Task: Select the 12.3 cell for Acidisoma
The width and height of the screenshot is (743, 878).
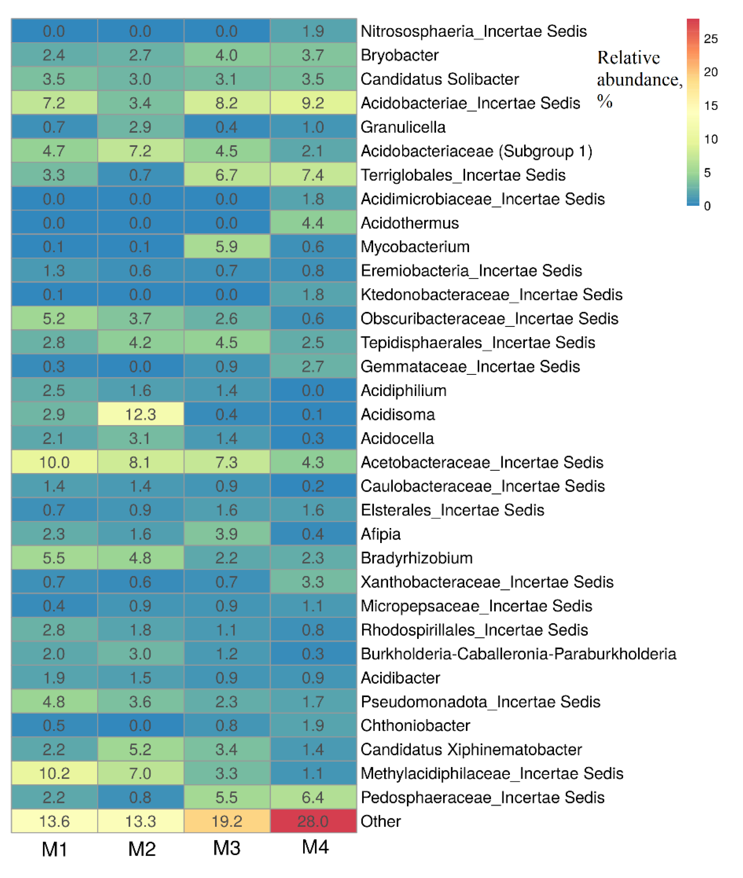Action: pos(140,414)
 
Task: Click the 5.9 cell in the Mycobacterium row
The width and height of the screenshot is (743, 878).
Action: pos(227,247)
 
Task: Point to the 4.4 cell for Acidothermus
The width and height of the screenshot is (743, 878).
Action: pos(313,223)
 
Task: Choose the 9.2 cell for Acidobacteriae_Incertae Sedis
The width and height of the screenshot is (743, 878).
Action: pos(313,103)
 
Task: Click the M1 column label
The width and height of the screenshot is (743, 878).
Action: pos(54,849)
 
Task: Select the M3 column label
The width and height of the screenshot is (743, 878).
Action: pos(227,848)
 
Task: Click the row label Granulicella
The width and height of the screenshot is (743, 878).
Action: pos(403,127)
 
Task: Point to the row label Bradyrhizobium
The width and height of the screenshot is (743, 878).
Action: pos(417,558)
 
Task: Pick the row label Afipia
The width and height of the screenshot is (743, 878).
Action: pos(381,534)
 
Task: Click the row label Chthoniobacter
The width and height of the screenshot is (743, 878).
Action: pos(415,725)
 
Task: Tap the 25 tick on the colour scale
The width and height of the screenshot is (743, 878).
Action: pos(711,39)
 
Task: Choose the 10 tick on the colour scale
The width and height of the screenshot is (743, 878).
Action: pos(711,139)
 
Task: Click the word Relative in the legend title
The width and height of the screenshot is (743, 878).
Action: pos(628,58)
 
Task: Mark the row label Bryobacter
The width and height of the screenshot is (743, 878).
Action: pos(400,55)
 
